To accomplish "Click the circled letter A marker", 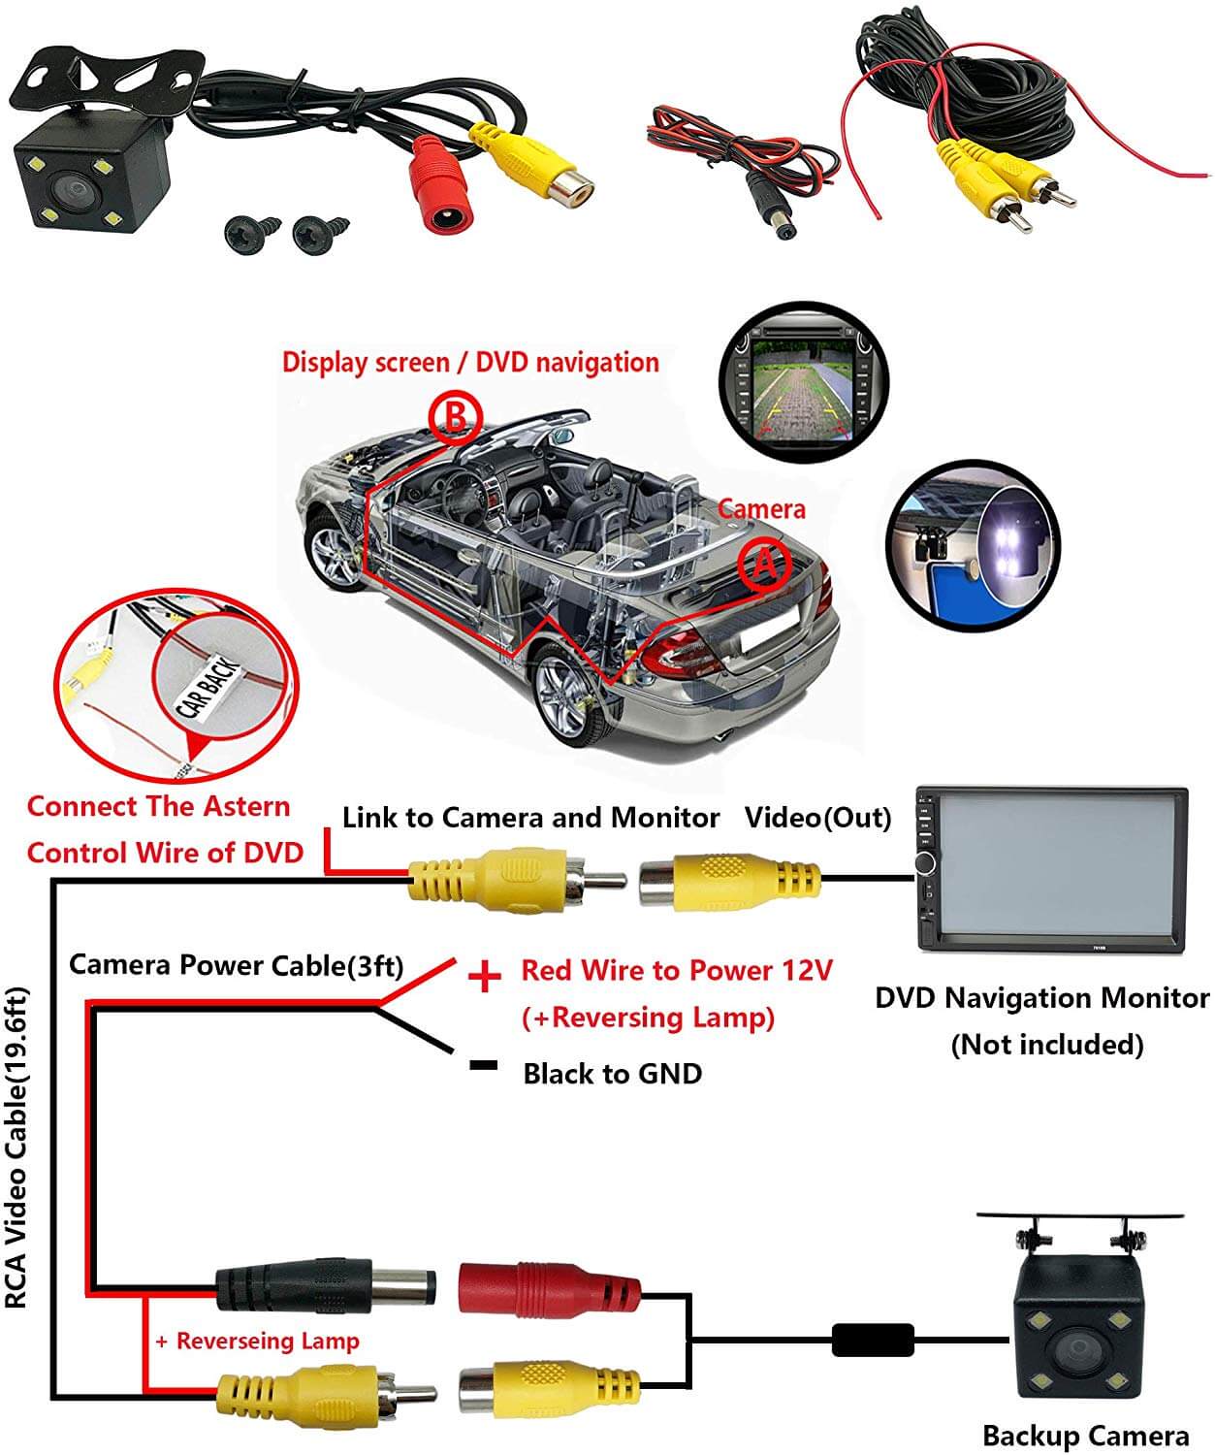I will coord(765,564).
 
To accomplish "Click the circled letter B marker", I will coord(456,417).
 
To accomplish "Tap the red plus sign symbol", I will coord(484,976).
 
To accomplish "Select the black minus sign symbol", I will coord(483,1065).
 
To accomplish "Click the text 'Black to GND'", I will coord(612,1074).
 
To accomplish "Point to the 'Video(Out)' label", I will coord(817,818).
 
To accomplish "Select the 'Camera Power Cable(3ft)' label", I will coord(236,965).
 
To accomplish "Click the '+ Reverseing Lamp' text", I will coord(257,1341).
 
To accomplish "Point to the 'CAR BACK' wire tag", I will coord(206,683).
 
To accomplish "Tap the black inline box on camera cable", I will coord(873,1341).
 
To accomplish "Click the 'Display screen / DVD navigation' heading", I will coord(470,363).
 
